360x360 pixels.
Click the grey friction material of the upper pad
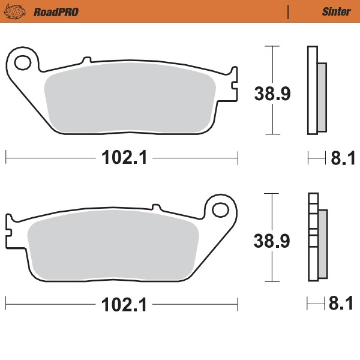click(129, 99)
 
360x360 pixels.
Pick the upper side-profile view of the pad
click(316, 90)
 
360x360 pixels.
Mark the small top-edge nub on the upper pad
click(86, 60)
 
